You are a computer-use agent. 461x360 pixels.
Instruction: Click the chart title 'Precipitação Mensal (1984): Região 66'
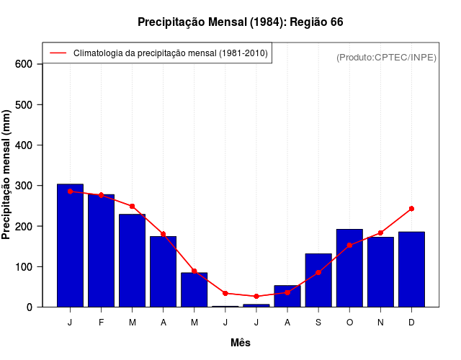click(240, 22)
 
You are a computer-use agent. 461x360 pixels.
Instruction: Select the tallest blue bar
click(70, 246)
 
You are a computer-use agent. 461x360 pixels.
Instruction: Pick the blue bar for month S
click(318, 280)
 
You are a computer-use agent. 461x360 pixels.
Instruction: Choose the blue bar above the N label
click(380, 271)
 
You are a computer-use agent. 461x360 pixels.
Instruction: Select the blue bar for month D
click(411, 269)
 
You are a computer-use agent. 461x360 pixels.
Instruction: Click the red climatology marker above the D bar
click(411, 209)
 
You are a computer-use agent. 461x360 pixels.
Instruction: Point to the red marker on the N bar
click(380, 233)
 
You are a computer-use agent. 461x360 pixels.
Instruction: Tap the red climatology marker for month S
click(318, 272)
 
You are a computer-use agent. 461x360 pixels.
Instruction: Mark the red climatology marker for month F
click(101, 195)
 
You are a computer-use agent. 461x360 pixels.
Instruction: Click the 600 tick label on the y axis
click(24, 64)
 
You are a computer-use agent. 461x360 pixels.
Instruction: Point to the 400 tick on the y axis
click(24, 145)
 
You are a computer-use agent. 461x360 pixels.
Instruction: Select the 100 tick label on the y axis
click(24, 266)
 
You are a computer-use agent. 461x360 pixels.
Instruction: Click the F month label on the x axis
click(101, 323)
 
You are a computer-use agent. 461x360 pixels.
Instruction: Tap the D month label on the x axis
click(411, 323)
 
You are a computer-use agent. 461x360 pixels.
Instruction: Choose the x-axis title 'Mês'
click(241, 343)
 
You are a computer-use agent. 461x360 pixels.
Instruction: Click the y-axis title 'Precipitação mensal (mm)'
click(7, 175)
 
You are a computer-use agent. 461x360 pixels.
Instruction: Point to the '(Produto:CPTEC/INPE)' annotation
click(386, 57)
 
